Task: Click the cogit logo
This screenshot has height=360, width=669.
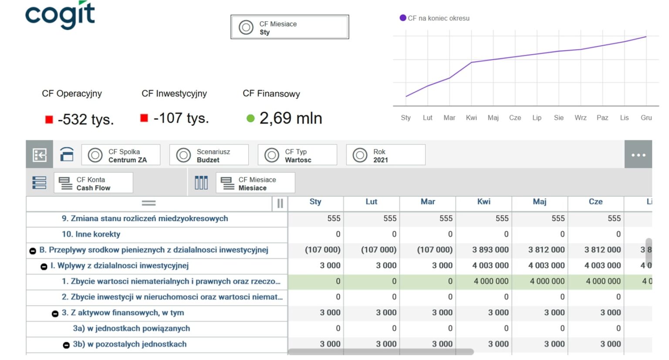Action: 60,15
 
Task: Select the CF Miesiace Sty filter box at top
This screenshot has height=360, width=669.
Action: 289,27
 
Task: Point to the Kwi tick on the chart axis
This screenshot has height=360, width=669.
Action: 471,118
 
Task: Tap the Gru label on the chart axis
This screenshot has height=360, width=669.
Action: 646,118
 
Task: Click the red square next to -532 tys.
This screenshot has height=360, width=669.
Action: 49,119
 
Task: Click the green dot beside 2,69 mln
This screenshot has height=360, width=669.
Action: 250,118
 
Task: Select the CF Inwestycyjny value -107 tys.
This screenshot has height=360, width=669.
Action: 181,118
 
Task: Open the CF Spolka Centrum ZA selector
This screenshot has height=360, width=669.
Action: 121,155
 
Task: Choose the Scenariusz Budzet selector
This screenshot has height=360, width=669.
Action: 209,155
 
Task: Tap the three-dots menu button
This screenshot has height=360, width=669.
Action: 638,155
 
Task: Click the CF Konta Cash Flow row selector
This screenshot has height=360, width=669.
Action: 93,183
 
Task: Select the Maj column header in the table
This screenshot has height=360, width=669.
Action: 539,202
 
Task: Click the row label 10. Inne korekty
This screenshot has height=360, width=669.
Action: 91,234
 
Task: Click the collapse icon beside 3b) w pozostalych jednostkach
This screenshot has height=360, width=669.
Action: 66,345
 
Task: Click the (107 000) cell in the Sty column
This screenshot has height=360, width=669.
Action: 322,250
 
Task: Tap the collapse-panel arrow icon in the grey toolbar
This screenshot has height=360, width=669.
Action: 40,155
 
